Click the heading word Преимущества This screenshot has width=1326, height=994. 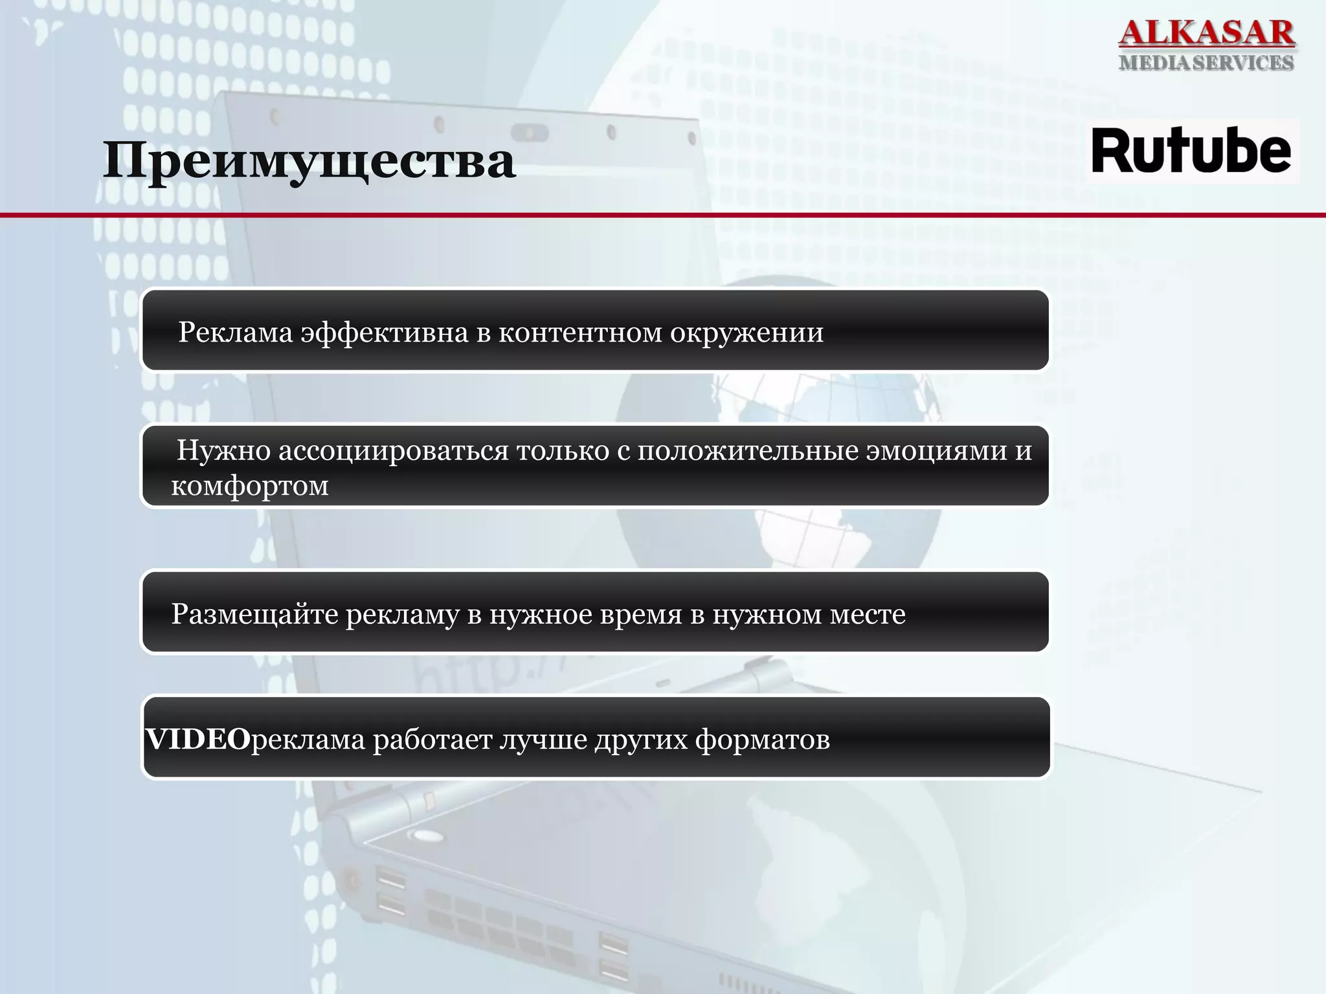click(x=309, y=160)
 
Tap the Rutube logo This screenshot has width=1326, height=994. click(x=1191, y=151)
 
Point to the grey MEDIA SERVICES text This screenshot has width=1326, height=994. click(x=1206, y=63)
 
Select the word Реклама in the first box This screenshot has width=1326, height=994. click(x=236, y=332)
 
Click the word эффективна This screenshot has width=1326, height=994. click(x=385, y=332)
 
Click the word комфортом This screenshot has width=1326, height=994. click(x=250, y=485)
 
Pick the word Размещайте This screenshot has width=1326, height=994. click(x=254, y=613)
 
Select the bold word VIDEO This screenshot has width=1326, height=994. click(x=197, y=738)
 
